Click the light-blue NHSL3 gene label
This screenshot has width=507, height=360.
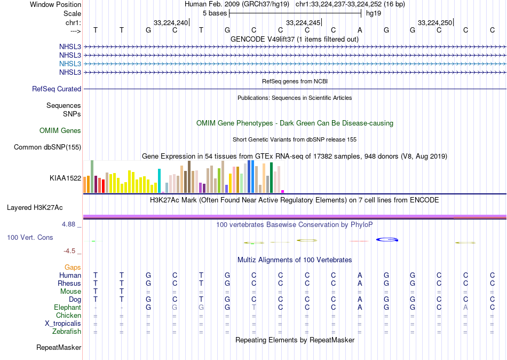pos(70,64)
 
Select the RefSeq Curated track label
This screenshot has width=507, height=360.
pos(57,89)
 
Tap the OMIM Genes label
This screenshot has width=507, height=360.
pos(60,130)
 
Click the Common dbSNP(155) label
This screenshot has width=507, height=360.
pos(47,147)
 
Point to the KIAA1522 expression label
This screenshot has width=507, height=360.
pos(65,178)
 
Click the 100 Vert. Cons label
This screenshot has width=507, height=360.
pos(30,237)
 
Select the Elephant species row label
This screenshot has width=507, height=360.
pos(67,308)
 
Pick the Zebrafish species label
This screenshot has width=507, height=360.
pos(67,332)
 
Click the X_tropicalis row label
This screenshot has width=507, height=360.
pos(63,324)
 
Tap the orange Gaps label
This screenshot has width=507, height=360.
pos(73,267)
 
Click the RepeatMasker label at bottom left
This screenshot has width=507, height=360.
pos(59,348)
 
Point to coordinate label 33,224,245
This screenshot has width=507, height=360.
pos(303,22)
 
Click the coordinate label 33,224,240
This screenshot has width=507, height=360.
pos(171,22)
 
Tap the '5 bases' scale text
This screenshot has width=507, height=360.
pos(215,13)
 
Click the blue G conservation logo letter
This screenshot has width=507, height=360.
pos(387,239)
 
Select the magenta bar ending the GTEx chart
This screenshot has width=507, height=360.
pos(282,191)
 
